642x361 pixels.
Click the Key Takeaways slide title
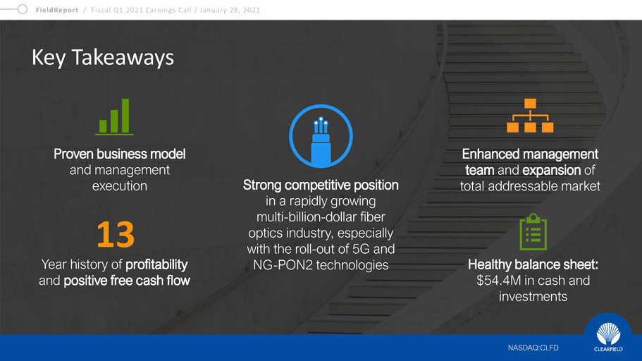(x=103, y=58)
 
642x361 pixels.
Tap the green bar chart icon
(x=114, y=117)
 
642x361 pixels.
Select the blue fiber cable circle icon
(x=321, y=136)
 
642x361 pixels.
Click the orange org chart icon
(x=530, y=115)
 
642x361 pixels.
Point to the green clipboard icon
(x=533, y=232)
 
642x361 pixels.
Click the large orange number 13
(x=116, y=234)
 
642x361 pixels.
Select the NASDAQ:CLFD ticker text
(x=533, y=348)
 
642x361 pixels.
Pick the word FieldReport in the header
(x=57, y=11)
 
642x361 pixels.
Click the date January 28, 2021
(x=230, y=11)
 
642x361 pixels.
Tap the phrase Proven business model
(x=120, y=154)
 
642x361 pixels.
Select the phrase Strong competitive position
(x=321, y=185)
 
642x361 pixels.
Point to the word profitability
(x=156, y=264)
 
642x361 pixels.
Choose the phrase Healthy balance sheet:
(x=533, y=264)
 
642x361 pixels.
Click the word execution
(x=120, y=186)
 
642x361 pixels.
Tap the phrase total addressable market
(x=530, y=186)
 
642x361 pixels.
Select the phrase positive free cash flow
(x=127, y=281)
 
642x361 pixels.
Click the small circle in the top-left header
(x=23, y=9)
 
